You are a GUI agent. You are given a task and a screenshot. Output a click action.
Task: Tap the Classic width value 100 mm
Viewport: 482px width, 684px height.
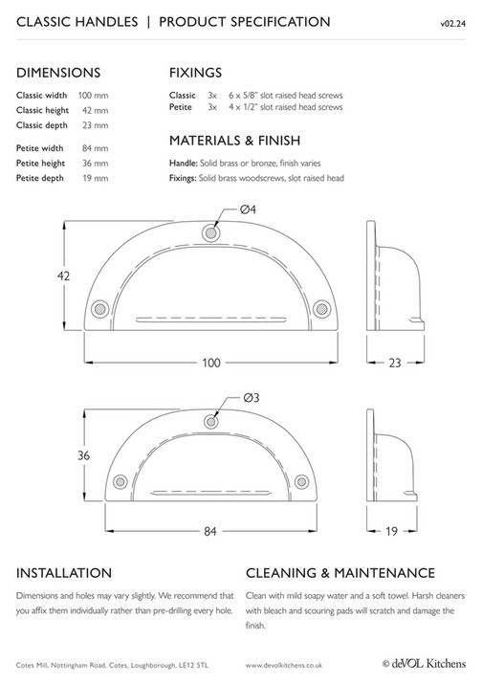point(93,96)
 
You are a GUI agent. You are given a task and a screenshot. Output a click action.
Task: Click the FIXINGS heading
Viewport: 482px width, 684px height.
point(196,72)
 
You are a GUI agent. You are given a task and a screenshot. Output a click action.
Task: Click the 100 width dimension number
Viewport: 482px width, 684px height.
point(210,363)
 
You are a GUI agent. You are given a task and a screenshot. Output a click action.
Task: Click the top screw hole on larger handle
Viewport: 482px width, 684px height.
point(210,232)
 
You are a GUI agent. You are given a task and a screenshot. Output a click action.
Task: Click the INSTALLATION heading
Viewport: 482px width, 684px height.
point(65,573)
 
